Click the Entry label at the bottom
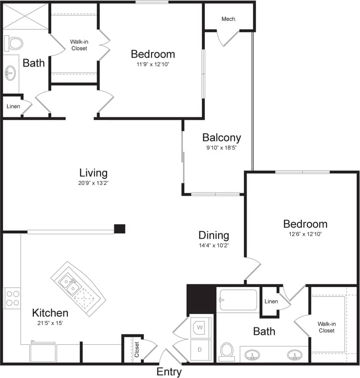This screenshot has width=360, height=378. click(x=169, y=372)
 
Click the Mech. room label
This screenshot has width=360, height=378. click(x=229, y=19)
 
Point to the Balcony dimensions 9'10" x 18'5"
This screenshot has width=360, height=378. click(x=221, y=148)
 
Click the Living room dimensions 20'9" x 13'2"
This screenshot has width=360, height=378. click(x=93, y=183)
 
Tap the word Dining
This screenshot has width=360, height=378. click(x=214, y=235)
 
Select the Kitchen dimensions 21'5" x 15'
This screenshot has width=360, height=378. click(x=50, y=323)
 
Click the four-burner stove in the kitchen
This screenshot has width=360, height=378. click(x=12, y=297)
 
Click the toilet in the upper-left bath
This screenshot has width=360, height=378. click(x=14, y=44)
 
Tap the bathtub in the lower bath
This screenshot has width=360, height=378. click(x=237, y=300)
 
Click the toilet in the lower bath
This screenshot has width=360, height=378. click(x=227, y=351)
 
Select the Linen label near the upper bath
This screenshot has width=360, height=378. click(x=12, y=107)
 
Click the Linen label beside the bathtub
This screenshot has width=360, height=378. click(x=271, y=301)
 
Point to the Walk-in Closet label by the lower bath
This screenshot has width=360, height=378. click(x=326, y=327)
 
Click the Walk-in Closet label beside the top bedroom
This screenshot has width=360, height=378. click(x=78, y=45)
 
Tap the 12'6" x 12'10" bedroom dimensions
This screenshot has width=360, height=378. click(x=305, y=234)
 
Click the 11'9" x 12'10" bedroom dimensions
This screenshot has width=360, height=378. click(x=153, y=64)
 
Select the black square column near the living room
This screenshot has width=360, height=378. click(x=119, y=229)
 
